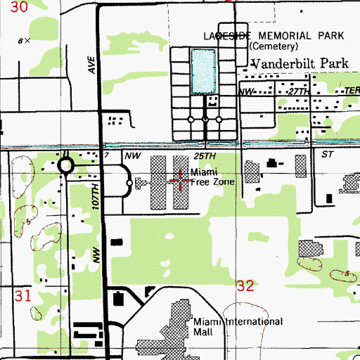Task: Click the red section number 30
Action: pos(21,8)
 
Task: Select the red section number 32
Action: pos(245,285)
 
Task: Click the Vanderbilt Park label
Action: pos(300,63)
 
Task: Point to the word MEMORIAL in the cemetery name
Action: pos(278,35)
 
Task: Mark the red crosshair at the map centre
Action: pos(180,181)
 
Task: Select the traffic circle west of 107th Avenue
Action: pos(66,167)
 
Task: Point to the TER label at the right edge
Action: pos(352,92)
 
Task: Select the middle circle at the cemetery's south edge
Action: pos(205,120)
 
